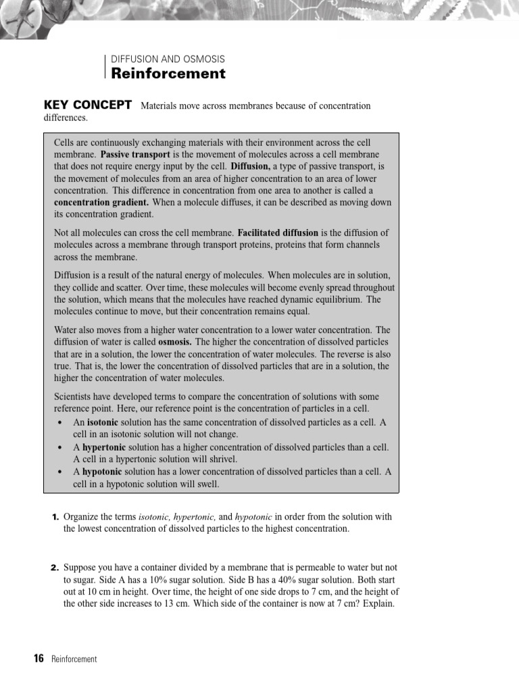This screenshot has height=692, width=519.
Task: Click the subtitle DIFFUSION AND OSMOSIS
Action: click(x=168, y=59)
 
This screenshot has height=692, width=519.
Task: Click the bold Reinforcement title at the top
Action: click(x=168, y=74)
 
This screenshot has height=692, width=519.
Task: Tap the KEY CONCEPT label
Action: click(x=87, y=105)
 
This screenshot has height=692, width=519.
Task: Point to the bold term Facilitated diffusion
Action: click(x=278, y=232)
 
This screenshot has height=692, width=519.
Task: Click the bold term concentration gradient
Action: click(x=101, y=202)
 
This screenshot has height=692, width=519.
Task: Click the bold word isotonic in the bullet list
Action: click(x=103, y=422)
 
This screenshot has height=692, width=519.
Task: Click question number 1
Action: click(x=56, y=517)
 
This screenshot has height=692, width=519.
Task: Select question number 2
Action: click(x=56, y=568)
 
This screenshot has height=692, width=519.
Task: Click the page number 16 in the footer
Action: click(x=39, y=659)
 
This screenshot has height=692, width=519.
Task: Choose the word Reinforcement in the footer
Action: click(x=74, y=660)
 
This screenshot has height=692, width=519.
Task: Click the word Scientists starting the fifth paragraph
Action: click(x=74, y=397)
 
